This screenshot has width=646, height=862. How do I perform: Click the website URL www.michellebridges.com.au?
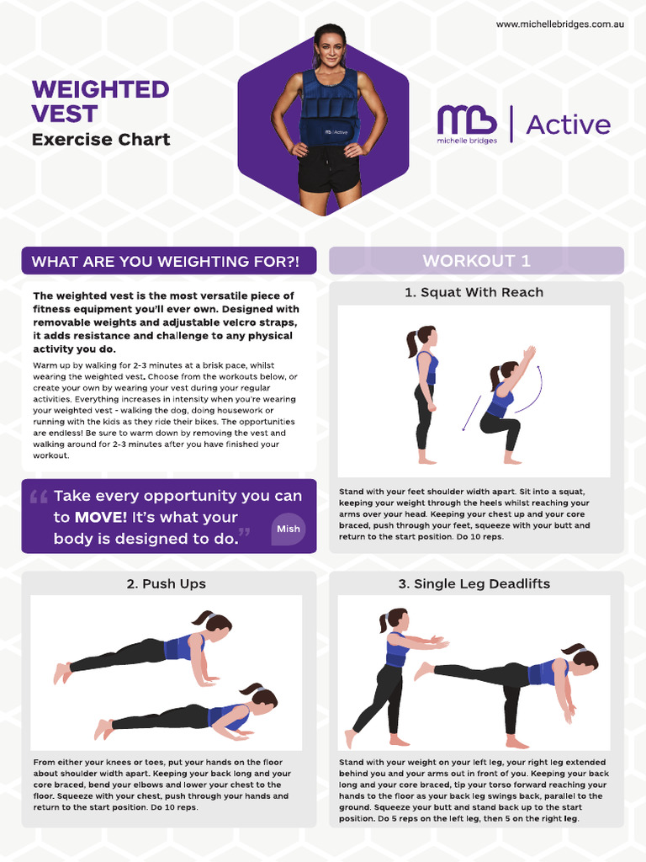coord(559,24)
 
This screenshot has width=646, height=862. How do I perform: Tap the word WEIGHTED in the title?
coord(100,89)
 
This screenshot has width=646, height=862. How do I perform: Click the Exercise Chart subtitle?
coord(100,140)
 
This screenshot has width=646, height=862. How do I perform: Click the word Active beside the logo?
coord(568,125)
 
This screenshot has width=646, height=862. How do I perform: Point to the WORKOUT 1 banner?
coord(476,261)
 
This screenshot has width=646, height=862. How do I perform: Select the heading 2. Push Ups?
coord(166,583)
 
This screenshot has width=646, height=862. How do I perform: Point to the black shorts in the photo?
coord(328,169)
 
